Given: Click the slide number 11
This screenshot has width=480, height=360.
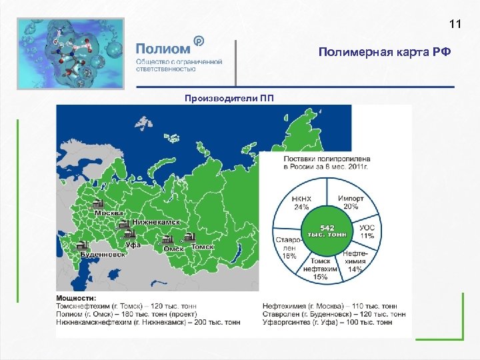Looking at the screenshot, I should click(x=455, y=25).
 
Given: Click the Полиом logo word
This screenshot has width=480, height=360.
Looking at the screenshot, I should click(x=163, y=49).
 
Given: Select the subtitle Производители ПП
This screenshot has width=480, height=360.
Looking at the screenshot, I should click(x=229, y=99).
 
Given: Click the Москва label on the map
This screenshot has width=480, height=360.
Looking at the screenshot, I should click(x=109, y=213).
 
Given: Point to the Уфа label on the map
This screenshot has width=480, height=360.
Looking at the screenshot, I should click(x=133, y=245).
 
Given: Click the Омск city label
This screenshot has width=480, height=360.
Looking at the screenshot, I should click(x=173, y=248).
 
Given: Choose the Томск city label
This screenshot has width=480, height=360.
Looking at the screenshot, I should click(x=202, y=247).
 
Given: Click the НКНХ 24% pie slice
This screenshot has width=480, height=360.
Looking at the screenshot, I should click(x=301, y=203).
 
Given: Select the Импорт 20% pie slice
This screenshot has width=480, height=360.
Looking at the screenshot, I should click(x=351, y=203).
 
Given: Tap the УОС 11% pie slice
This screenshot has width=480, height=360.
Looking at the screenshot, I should click(x=366, y=231).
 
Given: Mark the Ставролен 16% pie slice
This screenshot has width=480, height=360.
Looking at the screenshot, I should click(x=288, y=246).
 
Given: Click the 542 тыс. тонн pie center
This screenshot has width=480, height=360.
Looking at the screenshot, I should click(x=327, y=231).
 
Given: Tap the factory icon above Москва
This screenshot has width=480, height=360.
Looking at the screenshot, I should click(x=98, y=203).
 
